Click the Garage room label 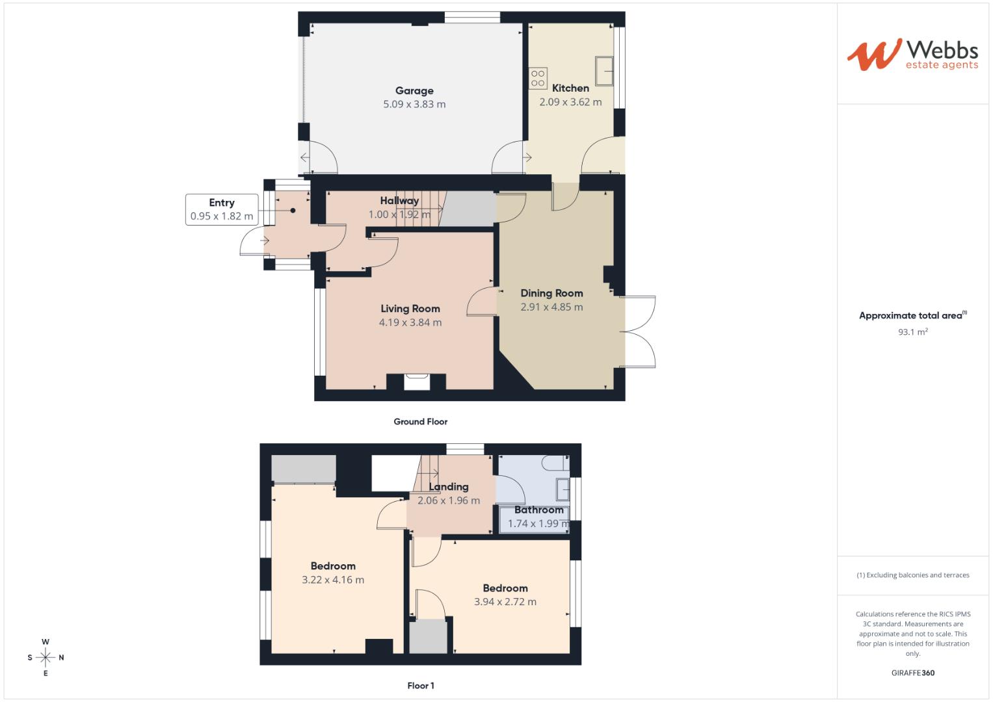[x=414, y=91]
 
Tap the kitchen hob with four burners [x=538, y=79]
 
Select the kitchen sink [x=604, y=70]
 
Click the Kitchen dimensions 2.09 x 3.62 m [x=570, y=102]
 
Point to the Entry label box [x=222, y=209]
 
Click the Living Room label [x=410, y=309]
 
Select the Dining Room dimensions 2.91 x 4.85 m [x=551, y=307]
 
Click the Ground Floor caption [x=421, y=421]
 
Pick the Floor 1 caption [x=421, y=685]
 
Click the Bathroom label [x=538, y=510]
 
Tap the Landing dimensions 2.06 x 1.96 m [x=449, y=500]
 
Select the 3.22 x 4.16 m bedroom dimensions [x=333, y=580]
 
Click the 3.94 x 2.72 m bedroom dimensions [x=505, y=602]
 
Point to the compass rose [x=46, y=657]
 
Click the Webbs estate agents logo [x=912, y=55]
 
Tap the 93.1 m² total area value [x=912, y=331]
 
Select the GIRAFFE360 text [x=912, y=673]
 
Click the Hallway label [x=399, y=201]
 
